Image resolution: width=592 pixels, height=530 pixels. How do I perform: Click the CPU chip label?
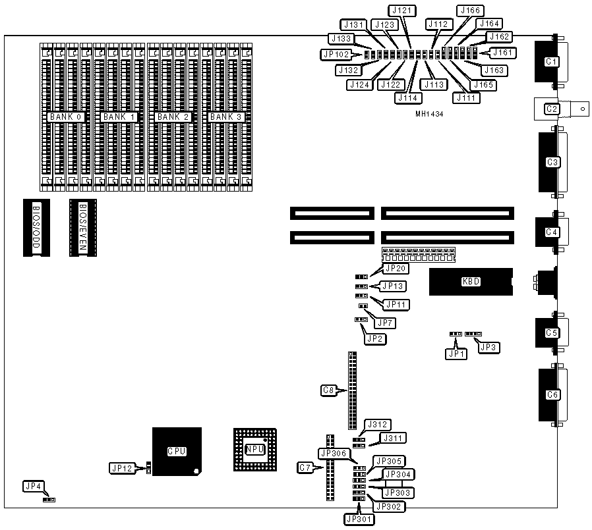(175, 452)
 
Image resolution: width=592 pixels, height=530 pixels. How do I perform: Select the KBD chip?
(471, 282)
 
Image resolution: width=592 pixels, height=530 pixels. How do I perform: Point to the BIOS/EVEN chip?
(82, 227)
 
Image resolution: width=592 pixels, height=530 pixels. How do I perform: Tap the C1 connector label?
(552, 62)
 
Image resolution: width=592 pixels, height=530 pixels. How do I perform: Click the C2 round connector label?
(552, 109)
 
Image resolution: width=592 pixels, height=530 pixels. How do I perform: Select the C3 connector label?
(552, 162)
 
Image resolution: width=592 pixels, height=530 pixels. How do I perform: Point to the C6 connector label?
(552, 395)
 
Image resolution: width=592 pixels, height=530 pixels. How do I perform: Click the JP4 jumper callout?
(33, 487)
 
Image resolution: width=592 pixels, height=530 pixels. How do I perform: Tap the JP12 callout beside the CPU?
(122, 468)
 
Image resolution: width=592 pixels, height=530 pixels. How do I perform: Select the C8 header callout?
(329, 390)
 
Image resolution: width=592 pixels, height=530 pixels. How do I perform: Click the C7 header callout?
(305, 468)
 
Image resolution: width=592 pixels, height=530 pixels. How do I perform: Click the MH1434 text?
(429, 114)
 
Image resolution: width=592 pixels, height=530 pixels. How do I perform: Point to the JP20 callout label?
(396, 269)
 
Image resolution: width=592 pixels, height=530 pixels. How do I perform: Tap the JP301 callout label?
(359, 519)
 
